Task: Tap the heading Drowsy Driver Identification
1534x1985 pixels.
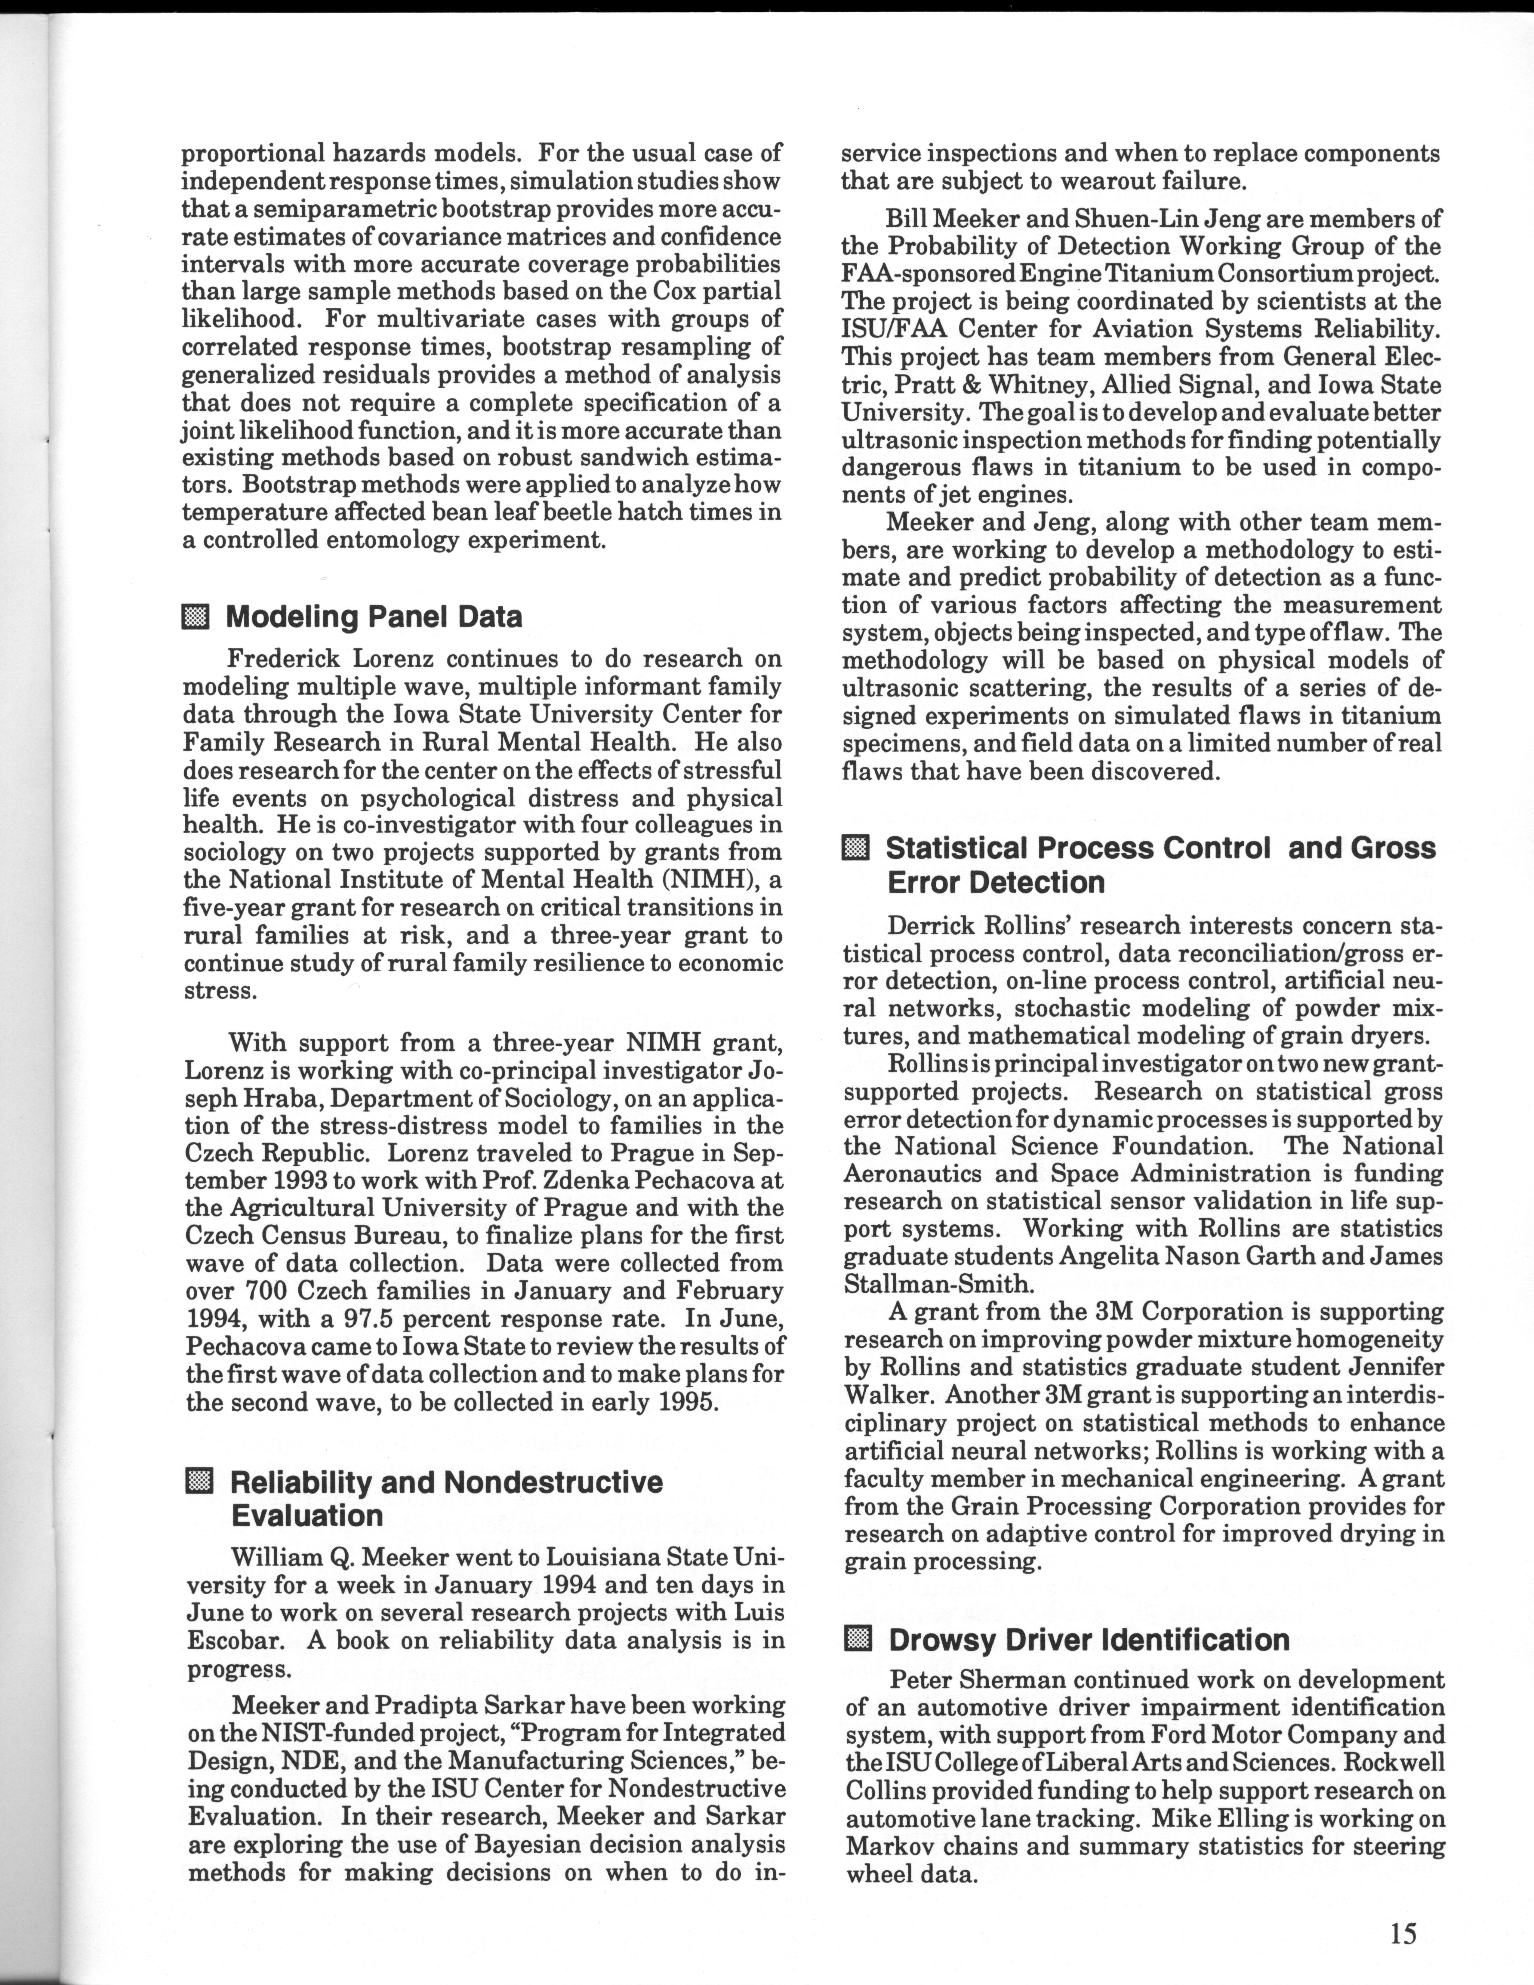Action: (1089, 1640)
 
